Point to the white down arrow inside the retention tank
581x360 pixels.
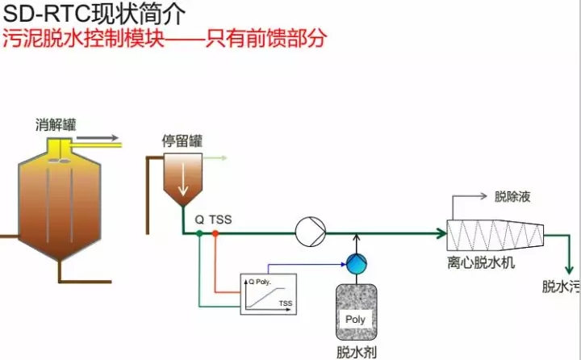[183, 182]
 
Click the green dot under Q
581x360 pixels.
[199, 233]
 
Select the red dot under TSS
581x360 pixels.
[215, 233]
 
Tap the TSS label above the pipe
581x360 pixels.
[221, 219]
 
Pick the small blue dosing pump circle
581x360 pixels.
[355, 262]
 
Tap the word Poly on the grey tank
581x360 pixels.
[355, 318]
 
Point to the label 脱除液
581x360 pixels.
[512, 196]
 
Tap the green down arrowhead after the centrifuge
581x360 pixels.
[570, 270]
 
